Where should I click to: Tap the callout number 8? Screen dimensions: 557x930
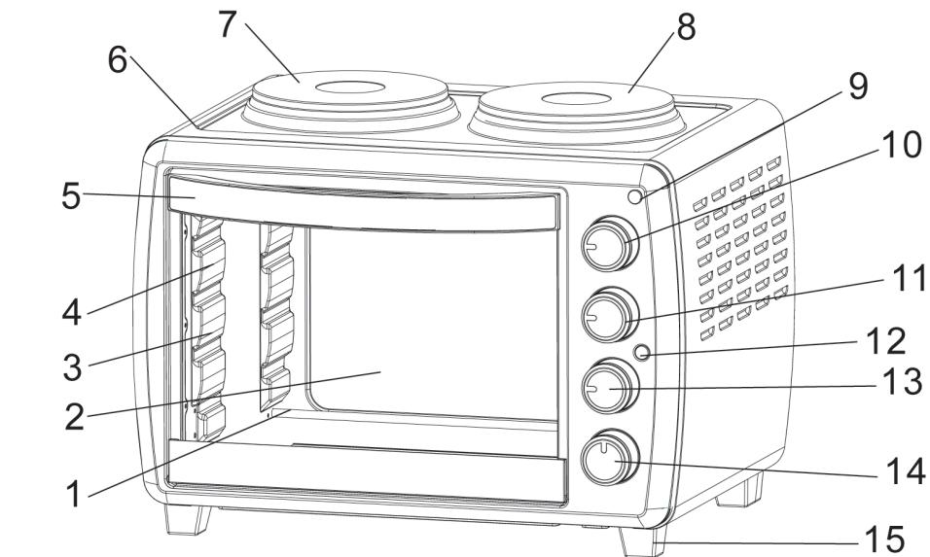(686, 26)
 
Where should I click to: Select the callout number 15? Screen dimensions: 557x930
(883, 537)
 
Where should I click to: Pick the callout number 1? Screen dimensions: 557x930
(72, 494)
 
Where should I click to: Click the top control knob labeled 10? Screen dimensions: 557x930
(610, 245)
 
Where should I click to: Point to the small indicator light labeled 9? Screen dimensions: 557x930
(636, 197)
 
